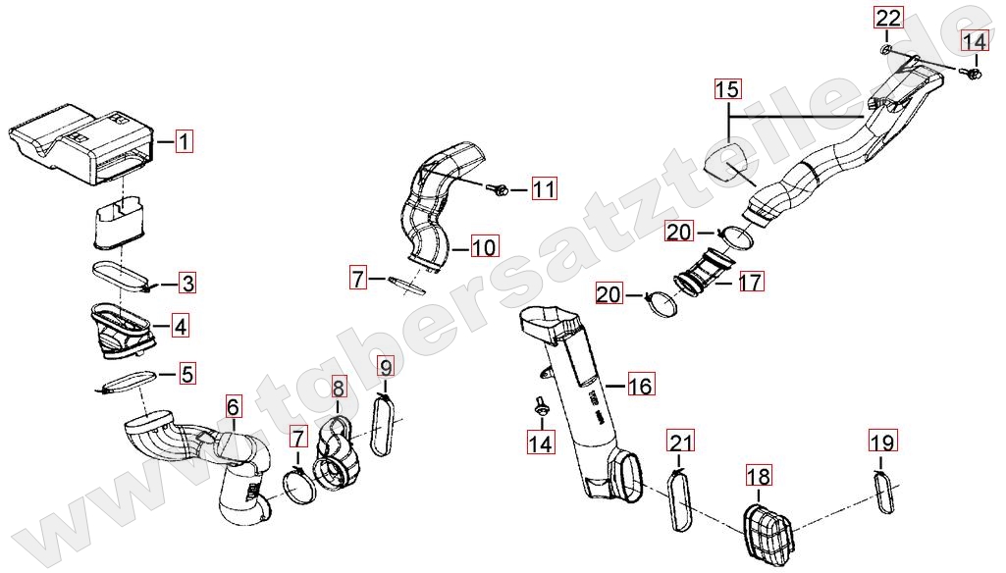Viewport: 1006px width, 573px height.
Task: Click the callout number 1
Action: pyautogui.click(x=185, y=141)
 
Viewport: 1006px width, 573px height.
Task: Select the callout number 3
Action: pyautogui.click(x=186, y=284)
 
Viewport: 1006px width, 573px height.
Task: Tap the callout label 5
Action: pyautogui.click(x=186, y=373)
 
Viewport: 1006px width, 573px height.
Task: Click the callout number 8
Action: pyautogui.click(x=337, y=389)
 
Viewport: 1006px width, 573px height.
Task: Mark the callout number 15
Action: pyautogui.click(x=727, y=90)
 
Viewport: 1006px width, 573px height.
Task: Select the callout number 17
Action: pyautogui.click(x=750, y=283)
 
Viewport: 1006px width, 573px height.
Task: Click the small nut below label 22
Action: pyautogui.click(x=886, y=48)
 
